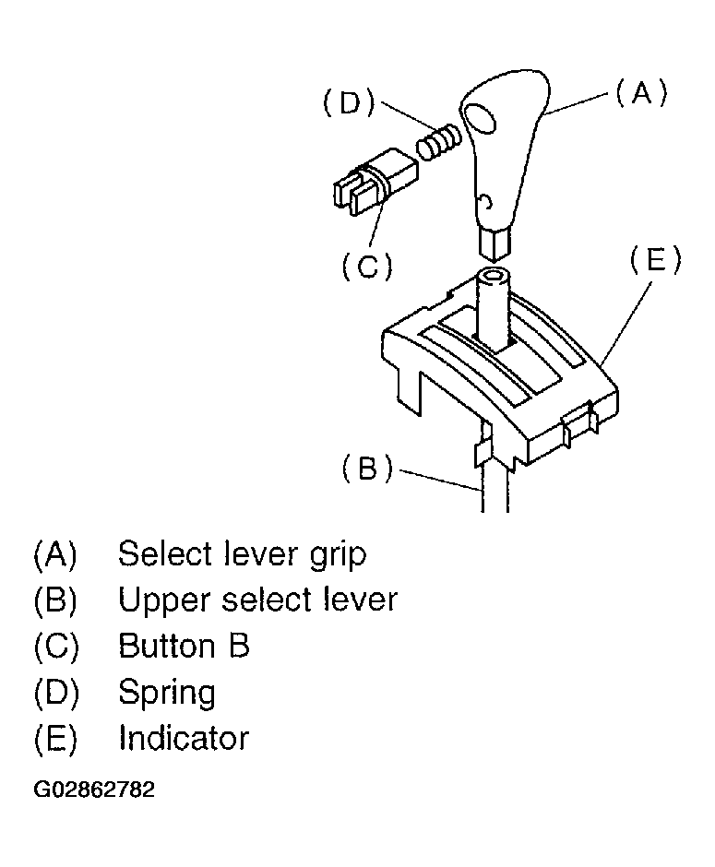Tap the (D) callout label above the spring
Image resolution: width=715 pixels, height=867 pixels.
pos(349,102)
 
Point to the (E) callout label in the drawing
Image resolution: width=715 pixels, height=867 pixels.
pos(655,261)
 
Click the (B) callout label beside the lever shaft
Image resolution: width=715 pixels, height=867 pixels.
pos(367,469)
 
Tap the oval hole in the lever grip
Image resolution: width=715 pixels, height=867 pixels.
pos(481,119)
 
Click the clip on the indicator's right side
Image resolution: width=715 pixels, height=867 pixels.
pos(578,425)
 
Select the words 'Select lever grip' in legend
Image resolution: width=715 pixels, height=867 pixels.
pos(242,554)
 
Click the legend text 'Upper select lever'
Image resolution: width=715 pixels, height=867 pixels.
pos(257,600)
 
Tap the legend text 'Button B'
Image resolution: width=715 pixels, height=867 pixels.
pos(184,646)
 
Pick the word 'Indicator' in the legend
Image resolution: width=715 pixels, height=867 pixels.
pos(183,738)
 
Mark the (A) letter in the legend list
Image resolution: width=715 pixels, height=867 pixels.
pos(55,554)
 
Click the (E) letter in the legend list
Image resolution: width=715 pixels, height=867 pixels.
pos(55,738)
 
